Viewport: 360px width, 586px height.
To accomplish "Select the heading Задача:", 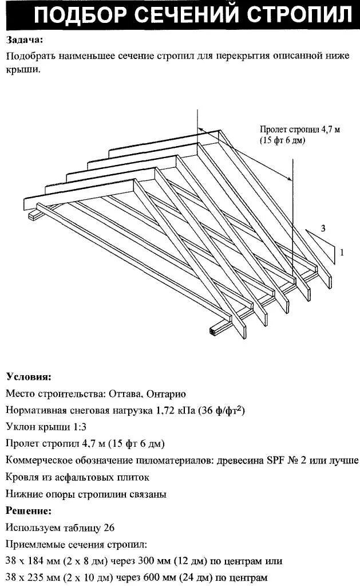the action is click(25, 40).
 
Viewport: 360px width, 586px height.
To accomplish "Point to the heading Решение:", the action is click(29, 510).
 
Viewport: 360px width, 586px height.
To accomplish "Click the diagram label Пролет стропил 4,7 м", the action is click(299, 130).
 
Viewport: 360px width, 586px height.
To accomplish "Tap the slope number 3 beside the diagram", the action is click(323, 229).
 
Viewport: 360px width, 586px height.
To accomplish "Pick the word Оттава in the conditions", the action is click(125, 394).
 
